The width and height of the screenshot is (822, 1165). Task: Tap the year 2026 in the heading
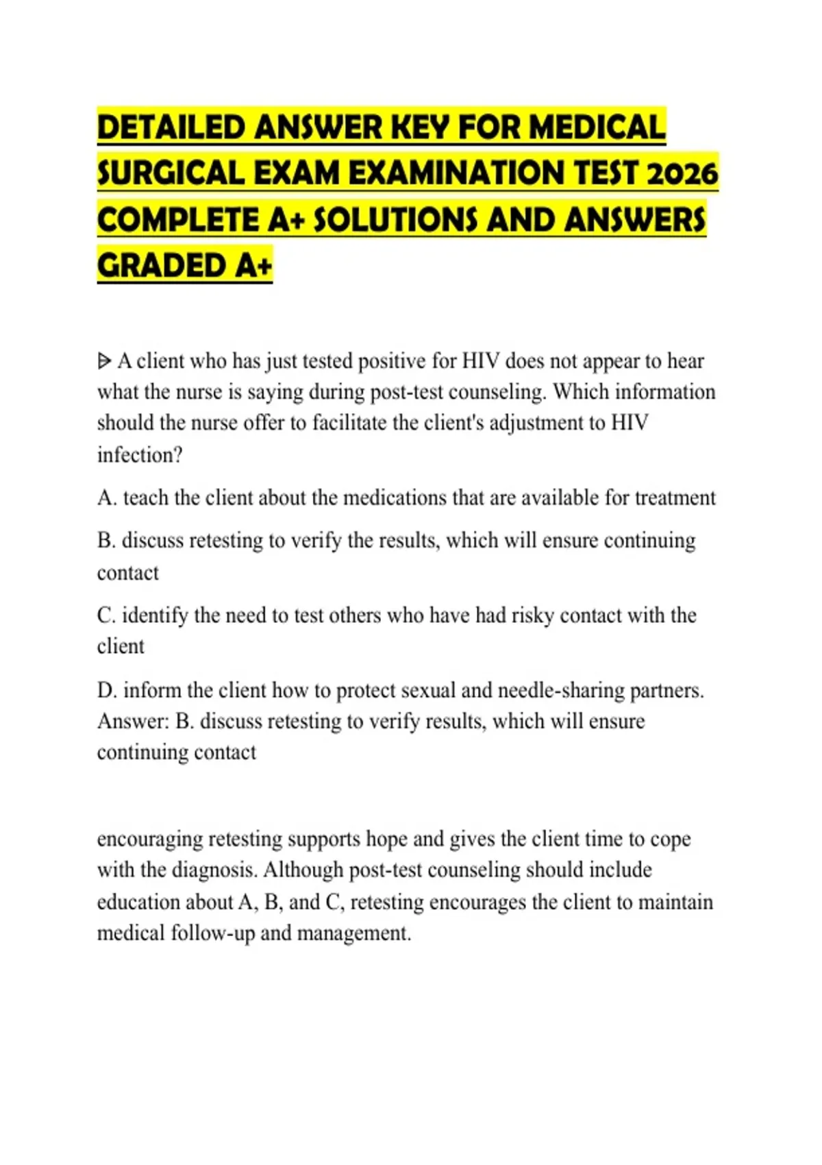click(x=682, y=173)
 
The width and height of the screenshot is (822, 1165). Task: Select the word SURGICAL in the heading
click(x=171, y=173)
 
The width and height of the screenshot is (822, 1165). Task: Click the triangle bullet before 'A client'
click(x=104, y=360)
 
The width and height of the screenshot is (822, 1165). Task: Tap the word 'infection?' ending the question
click(x=140, y=454)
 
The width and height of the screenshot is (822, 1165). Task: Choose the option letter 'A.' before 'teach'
click(x=107, y=498)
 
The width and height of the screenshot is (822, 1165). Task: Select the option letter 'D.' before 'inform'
click(x=108, y=690)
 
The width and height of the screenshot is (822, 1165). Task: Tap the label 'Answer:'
click(x=133, y=721)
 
